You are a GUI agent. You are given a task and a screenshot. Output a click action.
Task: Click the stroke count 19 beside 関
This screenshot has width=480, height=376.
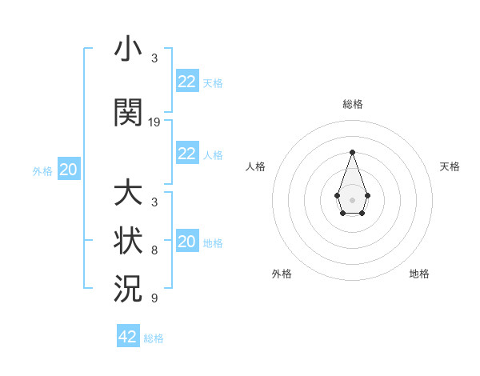pos(154,122)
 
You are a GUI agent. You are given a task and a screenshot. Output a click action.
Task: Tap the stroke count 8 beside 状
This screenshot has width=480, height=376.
pos(154,250)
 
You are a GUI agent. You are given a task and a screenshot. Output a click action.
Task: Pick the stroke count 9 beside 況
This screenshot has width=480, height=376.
pos(154,298)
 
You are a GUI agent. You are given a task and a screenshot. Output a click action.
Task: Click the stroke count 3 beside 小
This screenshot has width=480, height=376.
pos(154,58)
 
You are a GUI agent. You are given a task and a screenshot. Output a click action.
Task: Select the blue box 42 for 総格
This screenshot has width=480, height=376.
pos(128,337)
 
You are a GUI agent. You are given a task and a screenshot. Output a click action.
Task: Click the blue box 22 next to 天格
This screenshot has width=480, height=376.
pos(187,82)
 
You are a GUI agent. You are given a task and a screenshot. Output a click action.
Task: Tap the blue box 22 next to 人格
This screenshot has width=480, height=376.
pos(187,154)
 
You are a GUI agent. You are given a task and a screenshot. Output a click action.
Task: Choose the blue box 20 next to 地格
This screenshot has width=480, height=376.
pos(187,242)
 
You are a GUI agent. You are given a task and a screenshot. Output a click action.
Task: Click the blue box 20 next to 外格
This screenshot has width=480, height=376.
pos(69,170)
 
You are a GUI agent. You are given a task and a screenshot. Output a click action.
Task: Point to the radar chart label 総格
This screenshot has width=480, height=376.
pos(353,104)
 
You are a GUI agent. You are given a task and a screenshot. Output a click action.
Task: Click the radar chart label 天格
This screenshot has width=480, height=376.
pos(450,166)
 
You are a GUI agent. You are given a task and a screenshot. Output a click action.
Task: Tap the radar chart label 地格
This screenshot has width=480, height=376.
pos(419,274)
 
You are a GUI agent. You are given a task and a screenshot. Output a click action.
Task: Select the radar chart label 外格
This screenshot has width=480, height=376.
pos(282,274)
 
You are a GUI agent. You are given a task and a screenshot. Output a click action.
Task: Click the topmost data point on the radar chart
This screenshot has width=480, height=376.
pos(352,151)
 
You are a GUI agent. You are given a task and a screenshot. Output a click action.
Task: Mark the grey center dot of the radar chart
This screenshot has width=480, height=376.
pos(352,199)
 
